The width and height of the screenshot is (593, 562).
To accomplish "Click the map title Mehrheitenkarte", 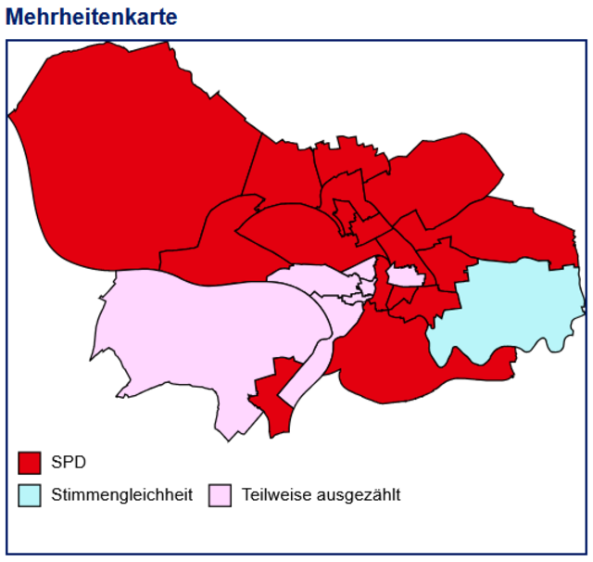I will (91, 17).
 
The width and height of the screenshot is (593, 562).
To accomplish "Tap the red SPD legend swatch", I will (30, 462).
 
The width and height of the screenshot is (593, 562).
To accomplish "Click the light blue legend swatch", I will (30, 494).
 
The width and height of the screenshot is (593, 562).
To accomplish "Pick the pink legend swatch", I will (220, 494).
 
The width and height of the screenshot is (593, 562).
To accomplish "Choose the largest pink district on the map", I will (204, 343).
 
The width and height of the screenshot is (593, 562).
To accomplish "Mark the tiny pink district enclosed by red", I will (404, 275).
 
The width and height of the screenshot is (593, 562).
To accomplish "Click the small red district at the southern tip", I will (273, 403).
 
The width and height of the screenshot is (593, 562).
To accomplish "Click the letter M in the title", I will (15, 17).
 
